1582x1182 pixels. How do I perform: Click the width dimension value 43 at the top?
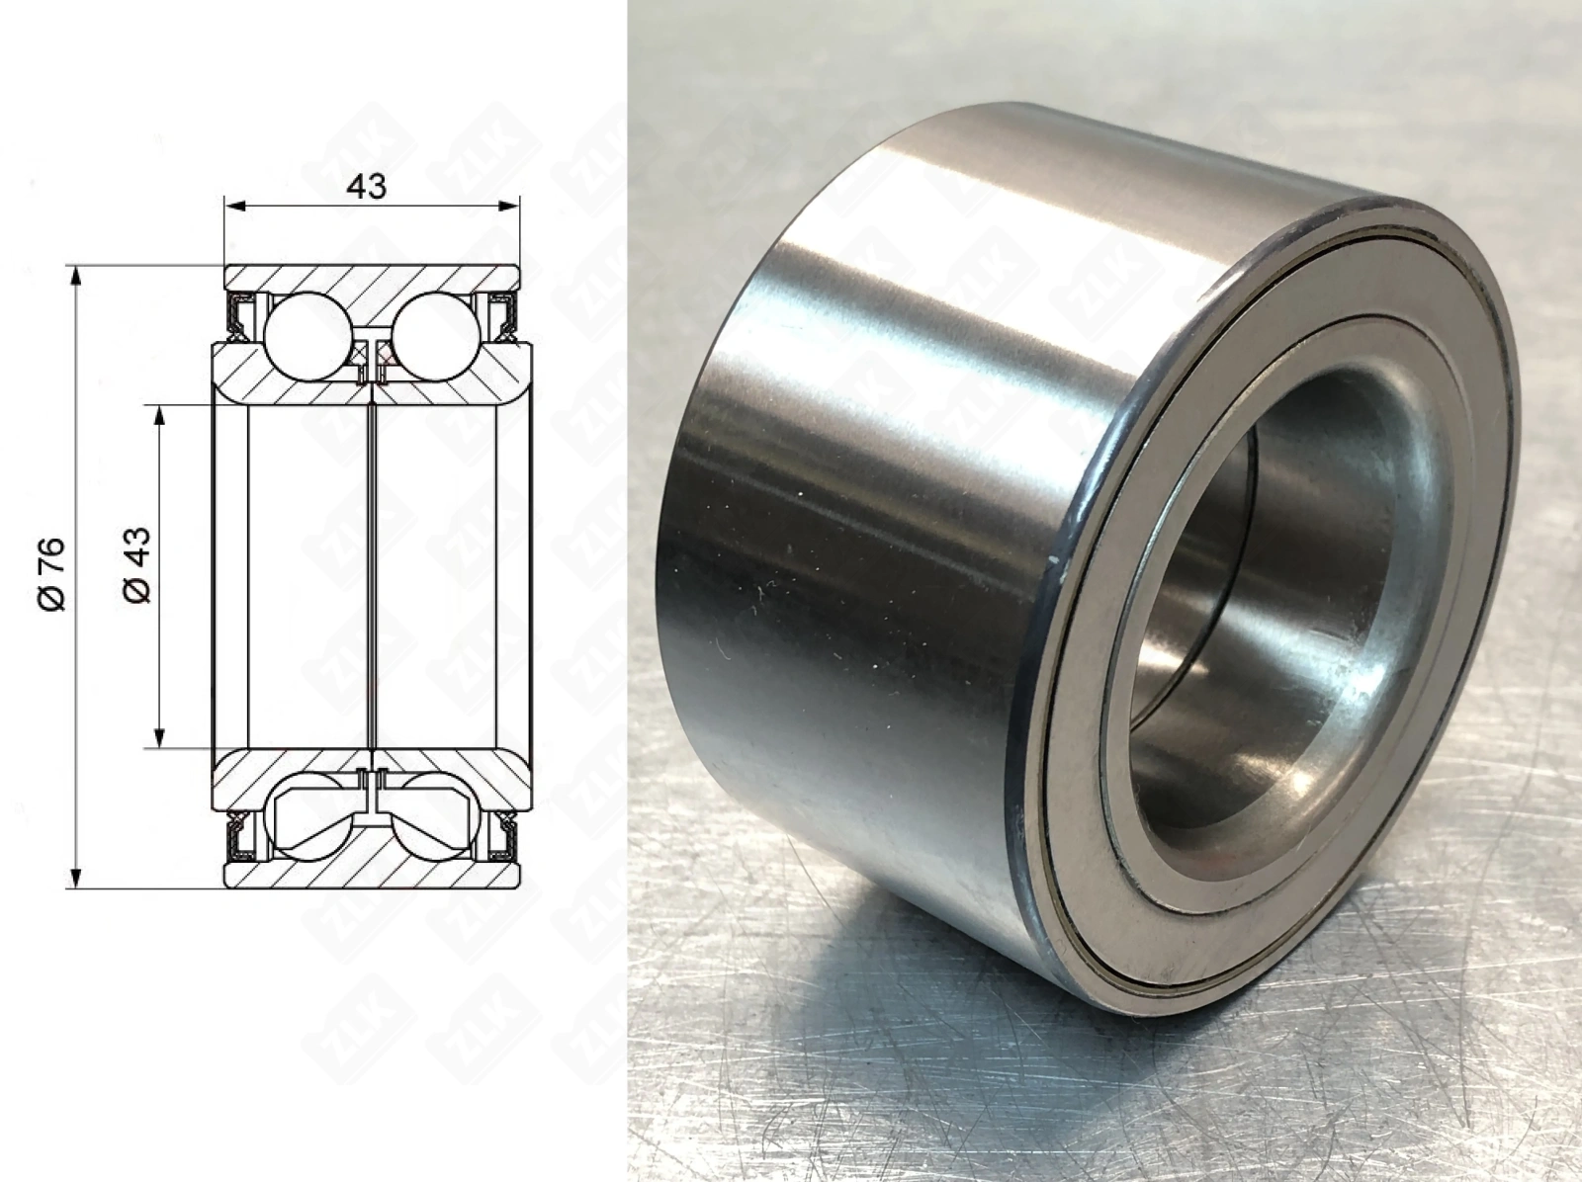[366, 187]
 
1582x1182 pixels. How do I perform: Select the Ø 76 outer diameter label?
[52, 574]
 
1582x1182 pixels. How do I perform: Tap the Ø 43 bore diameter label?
[136, 565]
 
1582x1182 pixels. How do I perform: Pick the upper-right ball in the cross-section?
[436, 336]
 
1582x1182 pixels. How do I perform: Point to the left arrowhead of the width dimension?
[235, 207]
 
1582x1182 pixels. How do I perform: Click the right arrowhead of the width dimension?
[508, 207]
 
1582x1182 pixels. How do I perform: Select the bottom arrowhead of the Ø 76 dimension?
[76, 877]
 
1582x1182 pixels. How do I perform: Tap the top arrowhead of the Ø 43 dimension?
[160, 416]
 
